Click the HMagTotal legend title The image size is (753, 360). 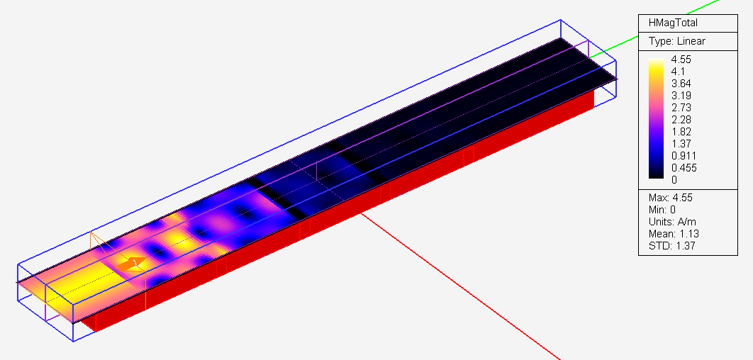point(673,23)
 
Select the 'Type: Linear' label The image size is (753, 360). point(676,41)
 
